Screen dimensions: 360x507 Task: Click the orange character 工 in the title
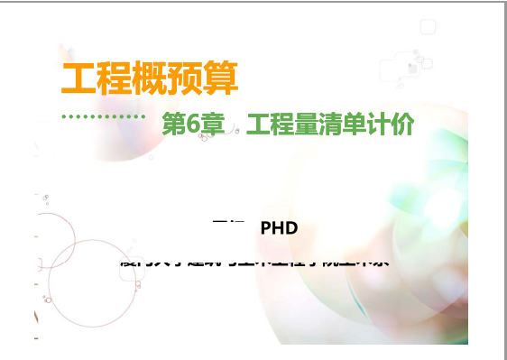(x=77, y=78)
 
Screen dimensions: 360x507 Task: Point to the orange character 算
(x=222, y=78)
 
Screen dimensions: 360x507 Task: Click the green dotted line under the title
(x=103, y=117)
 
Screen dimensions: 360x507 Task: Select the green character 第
(x=173, y=125)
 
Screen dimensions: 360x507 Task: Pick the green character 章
(x=212, y=125)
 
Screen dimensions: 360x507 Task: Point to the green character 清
(x=331, y=125)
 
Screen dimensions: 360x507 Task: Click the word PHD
(x=279, y=228)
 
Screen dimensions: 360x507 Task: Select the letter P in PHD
(x=266, y=228)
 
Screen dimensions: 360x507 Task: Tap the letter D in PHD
(x=292, y=228)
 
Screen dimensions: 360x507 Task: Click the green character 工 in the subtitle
(x=258, y=125)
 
